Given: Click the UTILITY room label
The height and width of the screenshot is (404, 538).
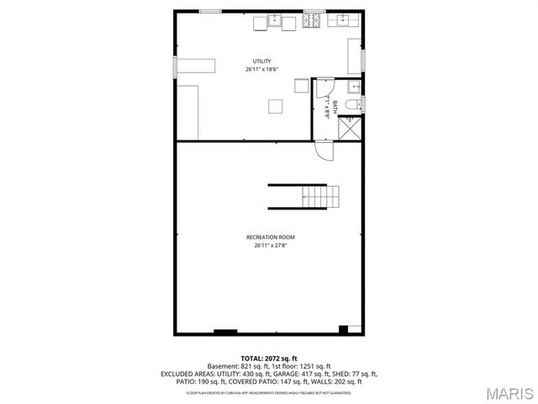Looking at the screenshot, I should (263, 61).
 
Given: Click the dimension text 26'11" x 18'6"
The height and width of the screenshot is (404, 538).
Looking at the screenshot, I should (263, 69).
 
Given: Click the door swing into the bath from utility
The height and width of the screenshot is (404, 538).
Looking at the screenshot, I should (323, 88).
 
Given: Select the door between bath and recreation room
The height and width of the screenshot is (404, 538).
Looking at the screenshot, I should (324, 151).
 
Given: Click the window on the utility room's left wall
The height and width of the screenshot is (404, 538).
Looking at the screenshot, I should (175, 68).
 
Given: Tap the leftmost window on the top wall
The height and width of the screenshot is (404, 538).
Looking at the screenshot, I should (210, 11).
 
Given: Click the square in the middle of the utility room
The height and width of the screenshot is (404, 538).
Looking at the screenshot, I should (275, 105).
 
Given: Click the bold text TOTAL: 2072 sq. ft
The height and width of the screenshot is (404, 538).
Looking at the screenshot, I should (269, 359).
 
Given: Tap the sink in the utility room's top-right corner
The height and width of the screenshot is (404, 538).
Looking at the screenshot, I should (344, 22).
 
